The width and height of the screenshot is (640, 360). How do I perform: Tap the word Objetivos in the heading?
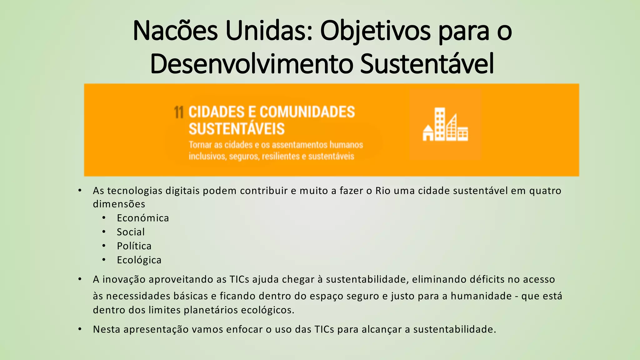click(x=375, y=31)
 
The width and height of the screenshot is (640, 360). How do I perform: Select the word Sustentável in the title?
click(x=427, y=64)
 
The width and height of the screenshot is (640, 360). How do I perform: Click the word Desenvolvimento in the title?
click(x=252, y=64)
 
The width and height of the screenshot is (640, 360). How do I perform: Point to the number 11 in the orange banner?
click(x=179, y=112)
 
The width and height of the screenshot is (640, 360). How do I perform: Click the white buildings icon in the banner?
click(x=445, y=125)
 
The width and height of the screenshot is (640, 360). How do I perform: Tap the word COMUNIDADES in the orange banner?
click(x=307, y=112)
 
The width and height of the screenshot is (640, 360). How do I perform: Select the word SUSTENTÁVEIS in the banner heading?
click(x=237, y=129)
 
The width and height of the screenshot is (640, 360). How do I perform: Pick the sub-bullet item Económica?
click(x=143, y=218)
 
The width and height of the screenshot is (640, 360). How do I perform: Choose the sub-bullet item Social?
click(x=131, y=232)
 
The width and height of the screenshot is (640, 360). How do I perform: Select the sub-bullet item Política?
click(x=134, y=246)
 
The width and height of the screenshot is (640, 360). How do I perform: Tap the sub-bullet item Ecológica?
click(x=139, y=260)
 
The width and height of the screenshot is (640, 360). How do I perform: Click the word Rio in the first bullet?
click(x=383, y=191)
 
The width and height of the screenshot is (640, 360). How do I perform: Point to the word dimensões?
click(x=119, y=204)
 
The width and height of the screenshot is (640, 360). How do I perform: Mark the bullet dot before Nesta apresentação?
click(x=80, y=329)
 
